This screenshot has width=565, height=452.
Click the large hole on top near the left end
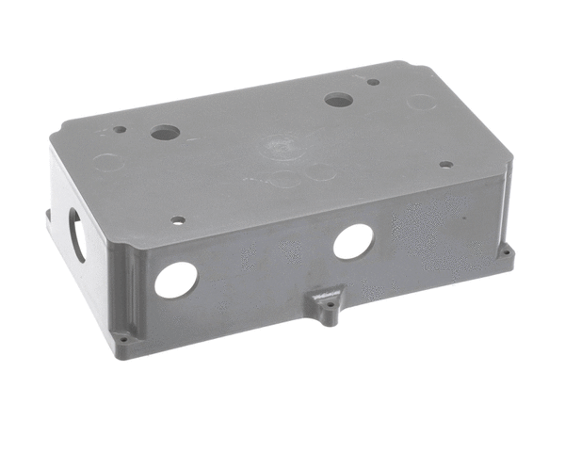[165, 133]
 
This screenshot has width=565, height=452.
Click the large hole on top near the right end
[338, 99]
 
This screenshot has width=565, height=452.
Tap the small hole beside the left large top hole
[120, 130]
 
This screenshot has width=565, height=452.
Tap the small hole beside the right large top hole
[374, 82]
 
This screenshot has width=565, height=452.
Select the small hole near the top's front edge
[178, 220]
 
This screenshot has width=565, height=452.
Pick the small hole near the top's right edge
[445, 164]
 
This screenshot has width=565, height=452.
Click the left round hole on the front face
[176, 280]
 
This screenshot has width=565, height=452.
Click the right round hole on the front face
[353, 242]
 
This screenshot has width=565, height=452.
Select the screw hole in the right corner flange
[505, 252]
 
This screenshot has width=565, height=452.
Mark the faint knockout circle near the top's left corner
[108, 162]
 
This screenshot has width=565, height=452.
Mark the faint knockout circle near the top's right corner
[421, 102]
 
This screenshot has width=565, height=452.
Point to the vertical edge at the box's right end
[508, 207]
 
